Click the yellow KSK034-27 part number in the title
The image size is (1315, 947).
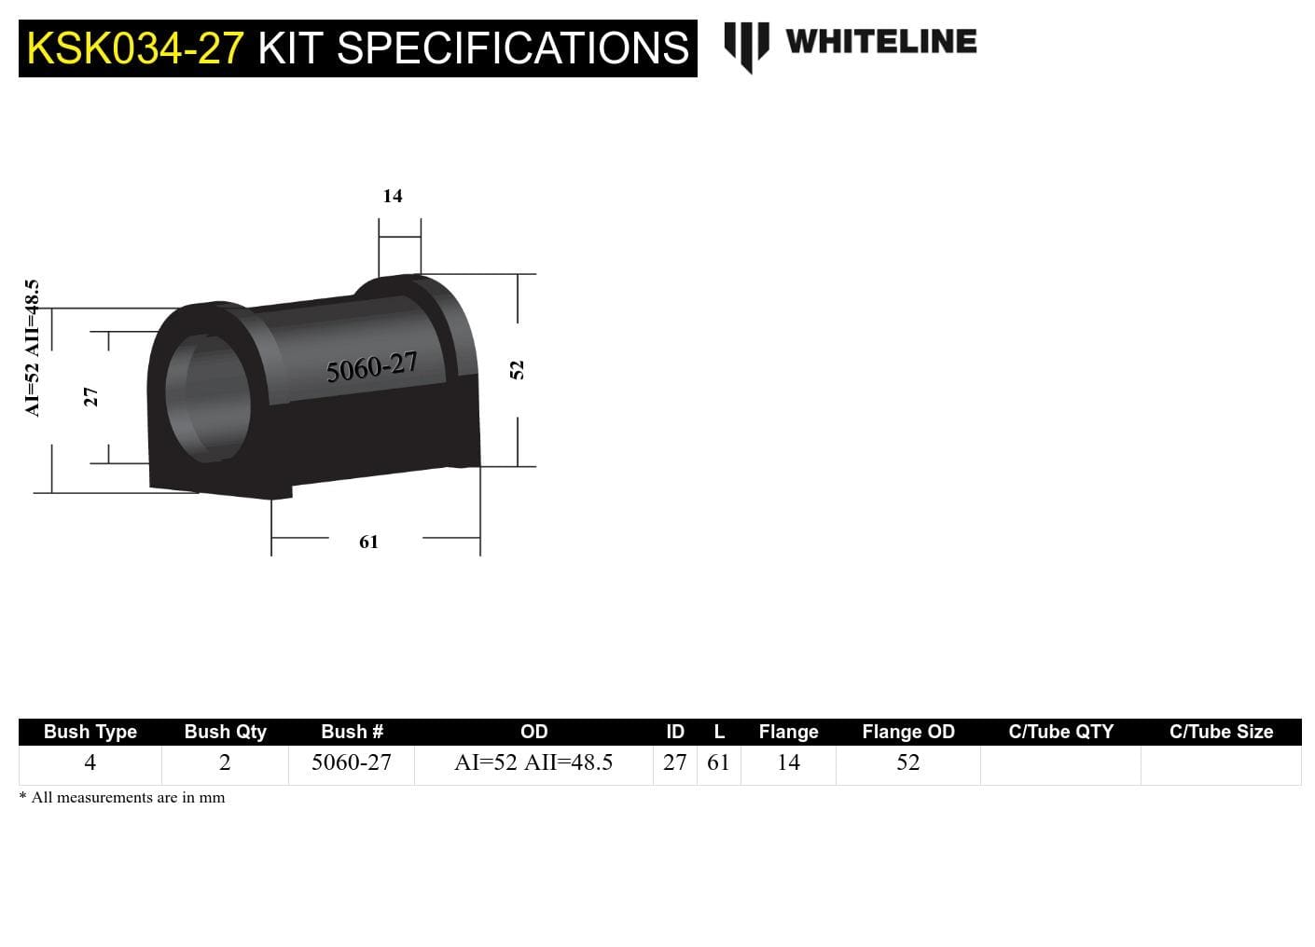pyautogui.click(x=135, y=48)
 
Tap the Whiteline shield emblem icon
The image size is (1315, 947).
pyautogui.click(x=746, y=45)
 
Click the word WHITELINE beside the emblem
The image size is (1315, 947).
pyautogui.click(x=880, y=42)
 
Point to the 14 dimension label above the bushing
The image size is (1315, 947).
pyautogui.click(x=393, y=196)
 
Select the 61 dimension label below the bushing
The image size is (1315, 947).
pyautogui.click(x=369, y=542)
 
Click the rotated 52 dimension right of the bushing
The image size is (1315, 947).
pyautogui.click(x=518, y=370)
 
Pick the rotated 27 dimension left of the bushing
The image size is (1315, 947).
pyautogui.click(x=90, y=397)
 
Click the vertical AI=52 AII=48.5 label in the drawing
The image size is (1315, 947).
pyautogui.click(x=33, y=348)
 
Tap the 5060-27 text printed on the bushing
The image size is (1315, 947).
pyautogui.click(x=371, y=367)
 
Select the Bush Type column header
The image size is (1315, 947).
pyautogui.click(x=90, y=732)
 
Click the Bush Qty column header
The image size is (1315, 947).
pyautogui.click(x=225, y=732)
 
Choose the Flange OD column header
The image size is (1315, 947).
pyautogui.click(x=907, y=732)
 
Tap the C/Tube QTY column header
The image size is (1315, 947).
pyautogui.click(x=1060, y=732)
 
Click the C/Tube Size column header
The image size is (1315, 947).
pyautogui.click(x=1221, y=732)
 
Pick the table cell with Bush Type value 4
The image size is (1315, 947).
pyautogui.click(x=90, y=762)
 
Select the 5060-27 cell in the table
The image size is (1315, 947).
pyautogui.click(x=352, y=762)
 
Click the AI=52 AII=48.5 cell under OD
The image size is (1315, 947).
pyautogui.click(x=533, y=762)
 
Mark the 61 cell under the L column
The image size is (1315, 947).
pyautogui.click(x=718, y=762)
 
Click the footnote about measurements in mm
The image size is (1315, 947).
pyautogui.click(x=122, y=798)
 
